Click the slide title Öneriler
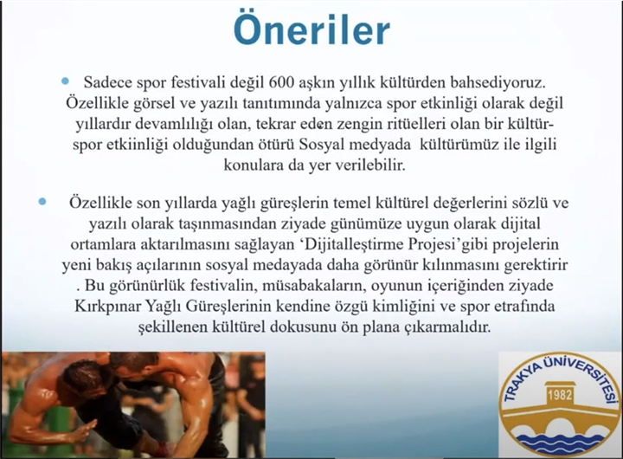click(x=311, y=30)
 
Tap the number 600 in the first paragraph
click(x=281, y=83)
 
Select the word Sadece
click(x=107, y=83)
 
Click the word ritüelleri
click(x=416, y=124)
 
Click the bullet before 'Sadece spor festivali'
click(x=65, y=81)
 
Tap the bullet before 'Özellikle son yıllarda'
click(x=42, y=201)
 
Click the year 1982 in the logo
click(x=560, y=395)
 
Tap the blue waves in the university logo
click(x=560, y=441)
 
